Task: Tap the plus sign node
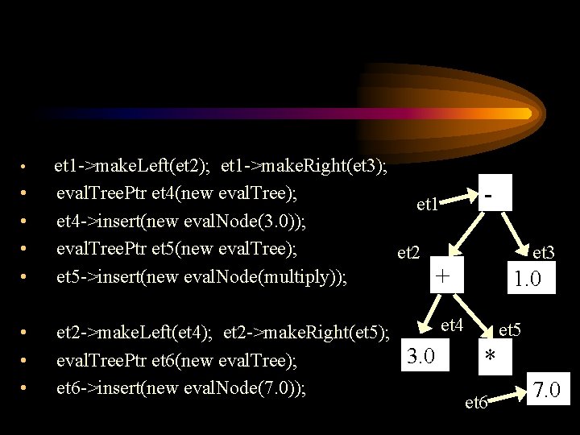click(441, 276)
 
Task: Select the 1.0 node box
click(528, 280)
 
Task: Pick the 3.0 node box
click(423, 354)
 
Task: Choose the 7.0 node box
click(552, 393)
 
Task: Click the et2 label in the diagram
click(409, 254)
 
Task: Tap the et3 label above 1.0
click(544, 253)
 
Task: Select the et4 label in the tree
click(453, 326)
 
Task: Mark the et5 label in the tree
click(510, 329)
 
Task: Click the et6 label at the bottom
click(477, 403)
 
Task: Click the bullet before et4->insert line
click(26, 221)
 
